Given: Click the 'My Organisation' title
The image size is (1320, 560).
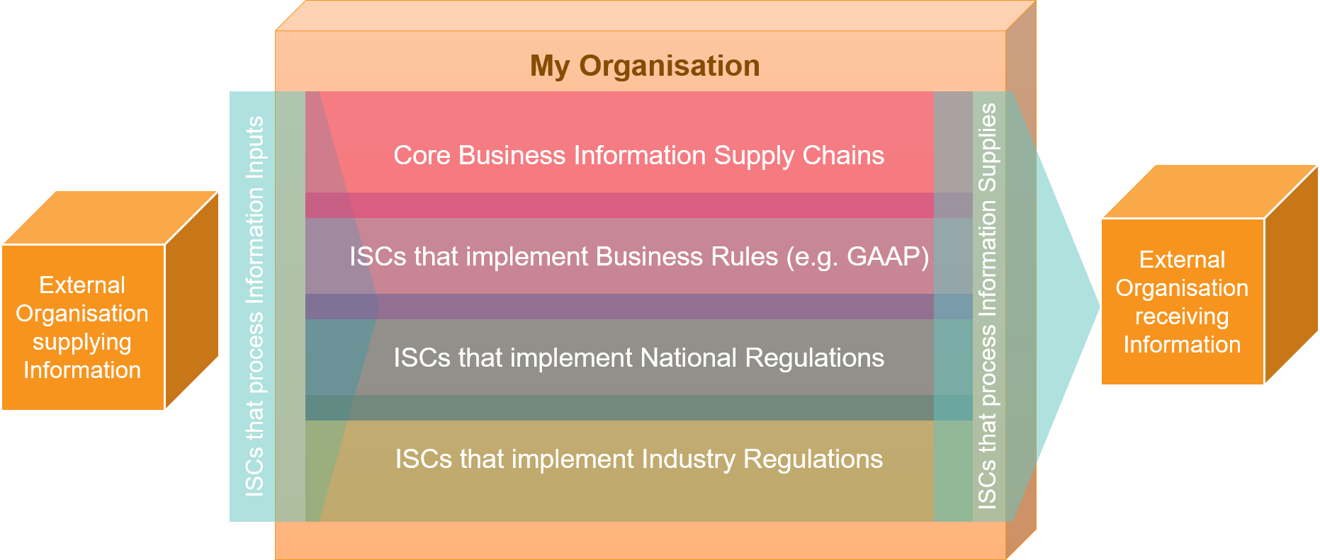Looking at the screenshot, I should pos(645,66).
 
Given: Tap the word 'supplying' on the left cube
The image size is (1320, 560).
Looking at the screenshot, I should pos(82,342).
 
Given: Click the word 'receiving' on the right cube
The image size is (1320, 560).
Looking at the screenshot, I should pos(1182,316).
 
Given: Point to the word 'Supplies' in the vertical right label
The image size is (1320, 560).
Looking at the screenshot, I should pos(987,147).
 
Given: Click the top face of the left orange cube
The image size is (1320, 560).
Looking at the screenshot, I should pos(110,218).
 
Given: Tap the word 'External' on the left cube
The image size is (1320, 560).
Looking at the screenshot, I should pos(82,285).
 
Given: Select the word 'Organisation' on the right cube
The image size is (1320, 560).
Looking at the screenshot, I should pos(1182,288).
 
